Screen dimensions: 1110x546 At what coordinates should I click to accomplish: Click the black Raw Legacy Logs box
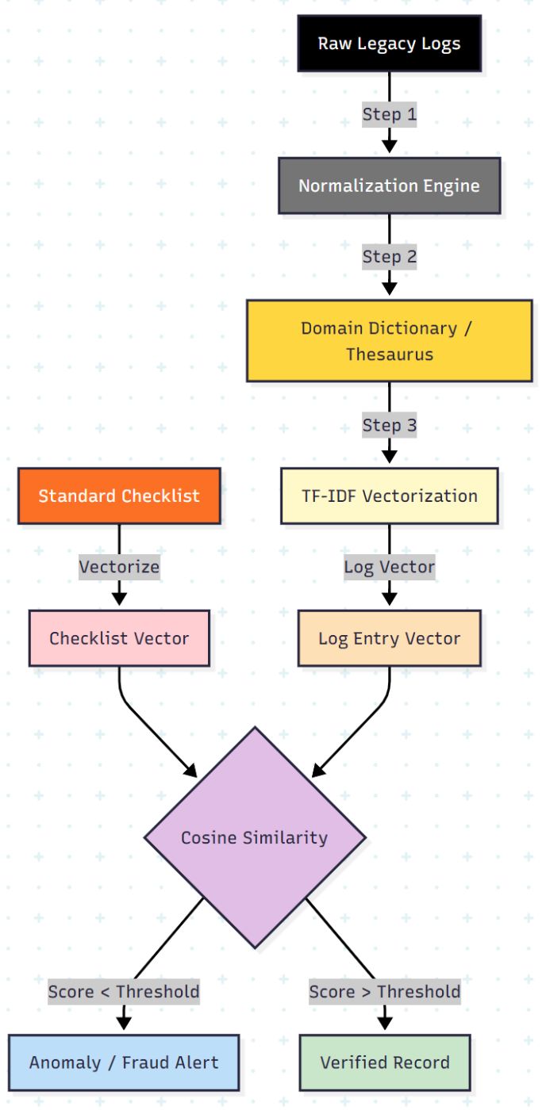click(389, 44)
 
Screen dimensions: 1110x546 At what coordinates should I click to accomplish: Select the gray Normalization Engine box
click(389, 186)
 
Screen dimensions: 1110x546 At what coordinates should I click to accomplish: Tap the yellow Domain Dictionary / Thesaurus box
click(389, 341)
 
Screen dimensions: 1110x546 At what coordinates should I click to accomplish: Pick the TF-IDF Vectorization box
click(389, 496)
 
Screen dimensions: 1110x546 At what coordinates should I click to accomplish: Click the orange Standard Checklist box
click(119, 496)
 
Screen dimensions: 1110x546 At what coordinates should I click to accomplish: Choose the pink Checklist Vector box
click(119, 638)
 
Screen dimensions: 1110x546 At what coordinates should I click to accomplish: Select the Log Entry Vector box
click(389, 638)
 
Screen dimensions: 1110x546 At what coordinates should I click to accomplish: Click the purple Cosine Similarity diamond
click(254, 837)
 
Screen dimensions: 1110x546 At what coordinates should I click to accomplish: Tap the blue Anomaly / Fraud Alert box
click(124, 1062)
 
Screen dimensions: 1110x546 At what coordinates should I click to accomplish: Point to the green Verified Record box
click(385, 1062)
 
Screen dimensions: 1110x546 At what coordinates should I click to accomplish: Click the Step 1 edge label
click(389, 114)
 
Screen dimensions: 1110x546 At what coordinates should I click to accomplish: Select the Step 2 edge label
click(389, 257)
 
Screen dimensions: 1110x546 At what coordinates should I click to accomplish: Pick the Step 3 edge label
click(389, 425)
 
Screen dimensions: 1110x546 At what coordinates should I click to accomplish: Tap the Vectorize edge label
click(119, 567)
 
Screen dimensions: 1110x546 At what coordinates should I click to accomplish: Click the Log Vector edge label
click(389, 567)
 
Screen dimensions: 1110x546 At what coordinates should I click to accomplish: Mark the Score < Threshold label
click(124, 992)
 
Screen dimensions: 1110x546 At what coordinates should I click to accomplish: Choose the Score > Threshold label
click(385, 992)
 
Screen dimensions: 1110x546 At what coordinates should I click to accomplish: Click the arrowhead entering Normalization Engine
click(389, 146)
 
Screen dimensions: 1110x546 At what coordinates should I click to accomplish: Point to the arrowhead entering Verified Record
click(385, 1024)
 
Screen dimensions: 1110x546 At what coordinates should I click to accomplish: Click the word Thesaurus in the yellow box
click(389, 354)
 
